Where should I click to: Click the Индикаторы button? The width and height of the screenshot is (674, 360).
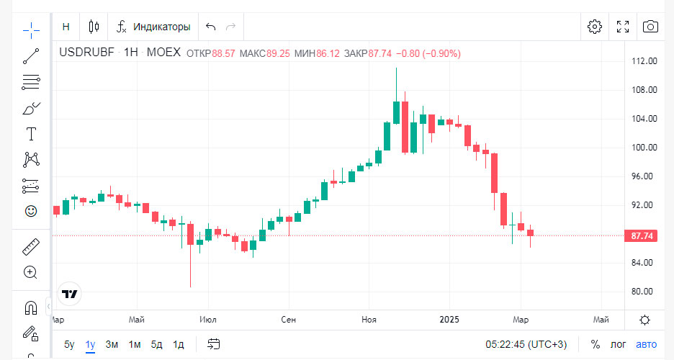point(153,27)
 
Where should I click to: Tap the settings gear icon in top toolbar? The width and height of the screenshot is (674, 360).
point(594,27)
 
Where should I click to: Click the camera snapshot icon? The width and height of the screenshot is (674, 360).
point(650,27)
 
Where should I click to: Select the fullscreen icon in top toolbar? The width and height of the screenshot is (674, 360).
point(623,27)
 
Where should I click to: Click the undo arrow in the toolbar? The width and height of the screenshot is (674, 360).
point(210,27)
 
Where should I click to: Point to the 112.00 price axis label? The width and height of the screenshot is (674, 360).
point(642,61)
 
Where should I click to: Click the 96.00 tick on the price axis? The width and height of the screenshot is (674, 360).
point(642,176)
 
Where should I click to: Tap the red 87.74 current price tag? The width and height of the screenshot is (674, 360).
point(642,235)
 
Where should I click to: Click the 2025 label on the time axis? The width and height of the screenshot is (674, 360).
point(449,319)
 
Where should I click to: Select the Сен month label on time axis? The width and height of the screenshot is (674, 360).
point(289,319)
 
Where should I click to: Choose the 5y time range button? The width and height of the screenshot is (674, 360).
point(69,344)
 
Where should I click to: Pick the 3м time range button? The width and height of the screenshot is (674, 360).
point(112,344)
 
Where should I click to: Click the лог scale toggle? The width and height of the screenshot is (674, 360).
point(619,344)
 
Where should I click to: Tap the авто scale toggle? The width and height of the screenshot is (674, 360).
point(647,344)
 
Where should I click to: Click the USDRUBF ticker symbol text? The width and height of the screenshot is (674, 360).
point(87,53)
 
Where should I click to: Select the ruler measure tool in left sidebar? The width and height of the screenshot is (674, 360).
point(30,247)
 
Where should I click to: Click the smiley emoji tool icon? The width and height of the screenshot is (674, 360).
point(30,211)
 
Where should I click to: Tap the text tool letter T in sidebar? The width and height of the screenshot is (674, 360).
point(31,134)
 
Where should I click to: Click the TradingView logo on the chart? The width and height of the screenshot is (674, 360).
point(70,294)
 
